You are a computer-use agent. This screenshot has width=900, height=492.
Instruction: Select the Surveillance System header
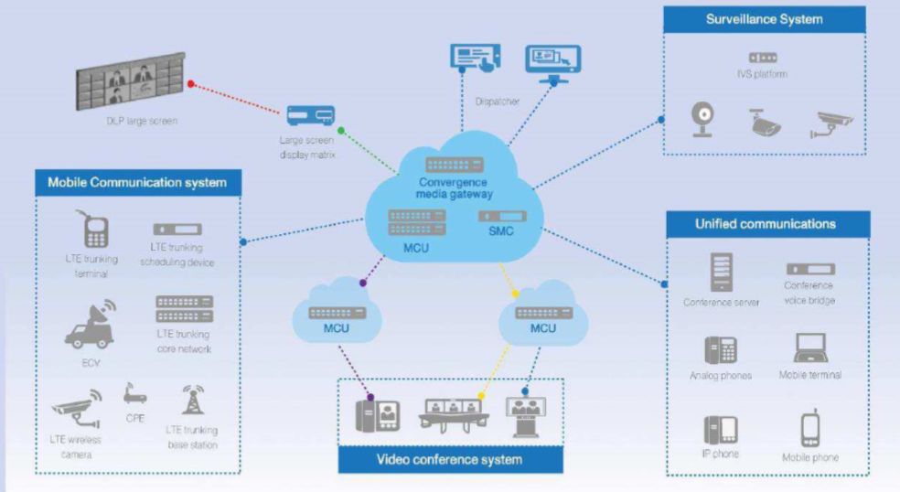tap(764, 19)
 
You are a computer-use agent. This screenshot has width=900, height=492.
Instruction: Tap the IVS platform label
tap(762, 74)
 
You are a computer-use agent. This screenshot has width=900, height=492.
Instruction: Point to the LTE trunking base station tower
tap(193, 399)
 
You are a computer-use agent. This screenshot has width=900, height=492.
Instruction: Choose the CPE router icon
tap(135, 394)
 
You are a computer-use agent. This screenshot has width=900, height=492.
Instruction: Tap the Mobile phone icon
tap(809, 429)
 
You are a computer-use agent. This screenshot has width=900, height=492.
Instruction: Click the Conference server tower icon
tap(721, 272)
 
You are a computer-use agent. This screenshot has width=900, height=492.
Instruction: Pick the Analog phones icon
tap(721, 350)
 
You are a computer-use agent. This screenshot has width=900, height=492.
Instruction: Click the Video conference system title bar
tap(450, 459)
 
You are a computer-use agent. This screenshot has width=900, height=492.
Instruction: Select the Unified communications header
tap(765, 224)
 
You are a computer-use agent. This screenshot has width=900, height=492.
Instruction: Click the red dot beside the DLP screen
tap(191, 83)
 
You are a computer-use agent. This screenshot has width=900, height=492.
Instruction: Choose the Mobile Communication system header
tap(136, 183)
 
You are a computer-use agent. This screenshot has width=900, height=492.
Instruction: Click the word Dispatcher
tap(497, 101)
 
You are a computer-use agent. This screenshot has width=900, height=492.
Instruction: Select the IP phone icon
tap(721, 428)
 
